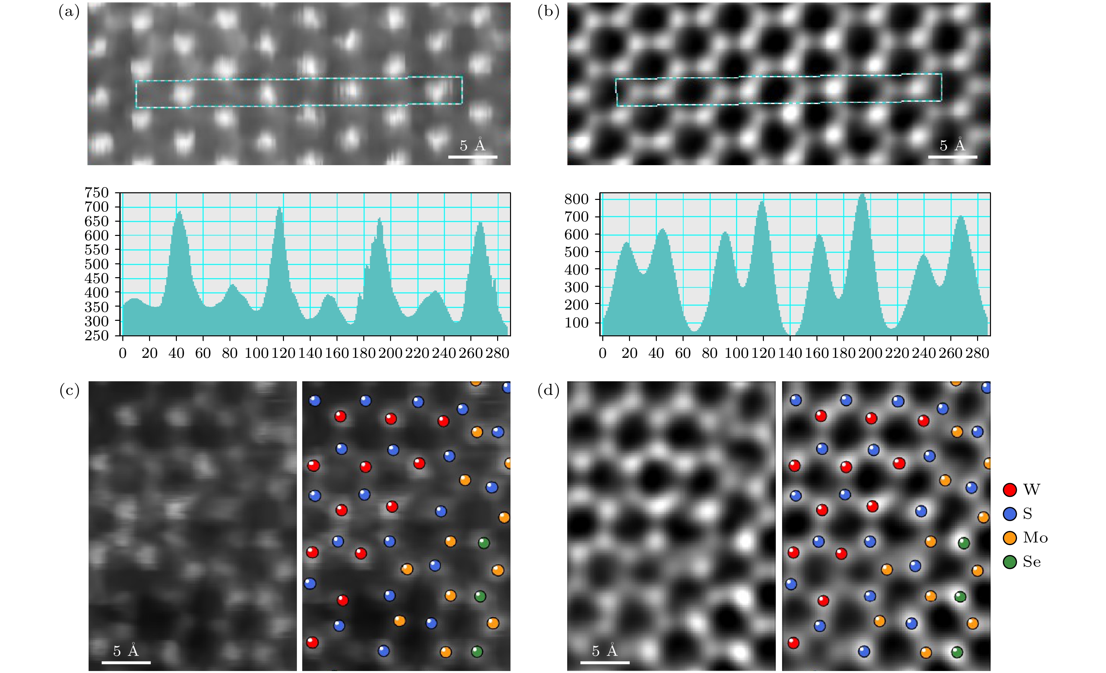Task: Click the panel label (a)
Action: [69, 12]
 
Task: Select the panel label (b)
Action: [548, 12]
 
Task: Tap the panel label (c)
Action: [69, 391]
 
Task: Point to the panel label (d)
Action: [548, 391]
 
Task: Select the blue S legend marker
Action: [1009, 514]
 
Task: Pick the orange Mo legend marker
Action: [1009, 538]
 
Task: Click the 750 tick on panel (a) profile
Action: [97, 193]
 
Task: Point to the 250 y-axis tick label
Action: [97, 336]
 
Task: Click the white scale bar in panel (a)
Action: [473, 157]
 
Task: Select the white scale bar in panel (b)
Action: [953, 157]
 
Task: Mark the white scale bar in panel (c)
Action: [126, 662]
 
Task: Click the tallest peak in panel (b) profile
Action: [862, 196]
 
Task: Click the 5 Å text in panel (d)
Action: [605, 651]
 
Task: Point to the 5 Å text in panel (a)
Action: [473, 145]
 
